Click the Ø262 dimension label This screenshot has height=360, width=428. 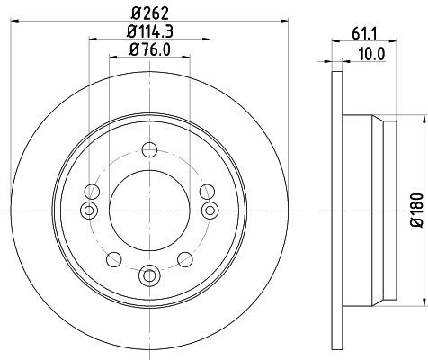tap(148, 12)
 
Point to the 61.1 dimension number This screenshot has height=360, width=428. tap(369, 36)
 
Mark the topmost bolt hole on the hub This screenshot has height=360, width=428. tap(148, 150)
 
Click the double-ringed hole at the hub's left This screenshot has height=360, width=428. tap(88, 210)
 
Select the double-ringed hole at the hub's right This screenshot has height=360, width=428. tap(210, 210)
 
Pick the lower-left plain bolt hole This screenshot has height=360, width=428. tap(112, 259)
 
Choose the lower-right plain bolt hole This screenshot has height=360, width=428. tap(185, 259)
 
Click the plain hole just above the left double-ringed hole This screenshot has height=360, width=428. tap(92, 191)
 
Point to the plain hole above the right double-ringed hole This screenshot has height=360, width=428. tap(206, 191)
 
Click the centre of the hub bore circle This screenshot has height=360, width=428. tap(148, 210)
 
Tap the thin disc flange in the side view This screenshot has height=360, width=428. tap(338, 209)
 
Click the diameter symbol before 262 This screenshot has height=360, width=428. tap(131, 12)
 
